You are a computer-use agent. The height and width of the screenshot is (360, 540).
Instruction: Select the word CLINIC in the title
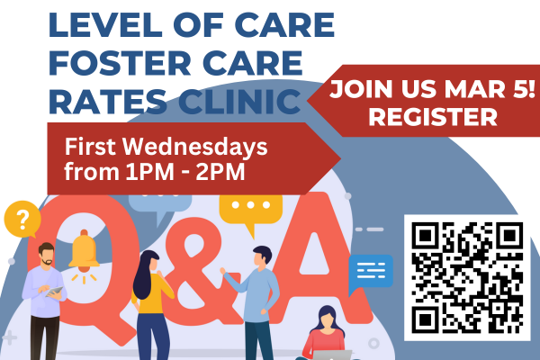pos(239,102)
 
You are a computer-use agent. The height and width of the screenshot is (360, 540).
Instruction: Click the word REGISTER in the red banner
pos(433,117)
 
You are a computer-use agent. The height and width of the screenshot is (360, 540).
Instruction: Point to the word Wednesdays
pos(195,147)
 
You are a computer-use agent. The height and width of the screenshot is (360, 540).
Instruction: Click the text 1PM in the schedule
pos(149,172)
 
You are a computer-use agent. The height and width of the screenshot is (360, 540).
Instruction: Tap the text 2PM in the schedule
pos(220,172)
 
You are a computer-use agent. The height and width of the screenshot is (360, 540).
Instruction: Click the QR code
pos(467,278)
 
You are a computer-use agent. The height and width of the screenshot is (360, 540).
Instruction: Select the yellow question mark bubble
pos(22,220)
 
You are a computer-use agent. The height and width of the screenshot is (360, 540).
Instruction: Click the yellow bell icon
pos(84,253)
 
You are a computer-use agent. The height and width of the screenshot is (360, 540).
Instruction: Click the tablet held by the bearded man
pos(55,292)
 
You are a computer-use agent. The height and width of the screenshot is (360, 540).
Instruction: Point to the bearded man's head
pos(46,254)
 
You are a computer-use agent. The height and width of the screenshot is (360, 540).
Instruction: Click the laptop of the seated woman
pos(332,355)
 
